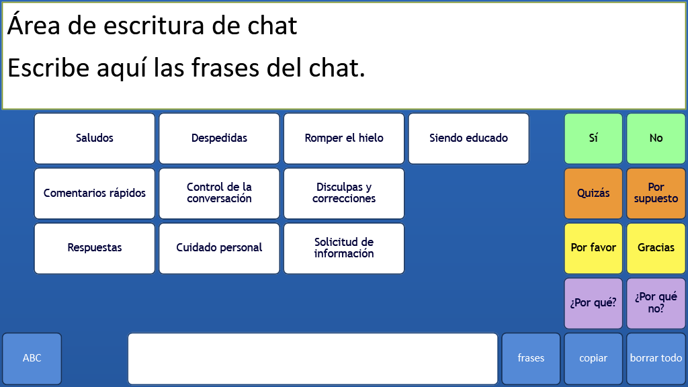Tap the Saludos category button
pos(94,138)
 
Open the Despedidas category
pos(219,138)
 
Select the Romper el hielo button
pos(344,138)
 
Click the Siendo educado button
pos(468,138)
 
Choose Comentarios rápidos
pos(94,193)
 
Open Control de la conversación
pos(219,193)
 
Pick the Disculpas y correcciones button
pos(344,193)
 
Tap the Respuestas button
pos(94,248)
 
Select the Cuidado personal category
pos(219,248)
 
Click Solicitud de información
pos(344,248)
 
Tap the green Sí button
pos(593,138)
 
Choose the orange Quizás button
pos(593,193)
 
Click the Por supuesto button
pos(656,193)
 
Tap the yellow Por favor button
pos(593,248)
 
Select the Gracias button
pos(656,248)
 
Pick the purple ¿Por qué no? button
pos(656,303)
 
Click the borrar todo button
pos(656,359)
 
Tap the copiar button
pos(593,359)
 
